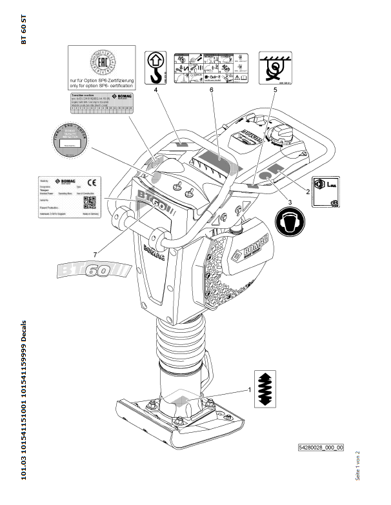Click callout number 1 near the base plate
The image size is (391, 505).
click(x=248, y=390)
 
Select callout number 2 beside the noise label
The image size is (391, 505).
click(x=308, y=192)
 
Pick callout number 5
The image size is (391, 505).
click(x=275, y=91)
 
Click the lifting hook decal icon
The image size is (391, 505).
click(x=155, y=67)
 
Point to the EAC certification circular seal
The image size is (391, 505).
click(x=103, y=65)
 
